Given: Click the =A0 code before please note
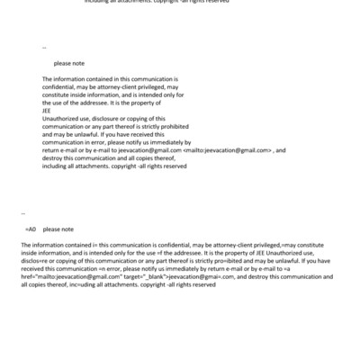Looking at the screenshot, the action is [29, 229].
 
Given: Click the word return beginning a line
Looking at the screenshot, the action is [51, 150].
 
